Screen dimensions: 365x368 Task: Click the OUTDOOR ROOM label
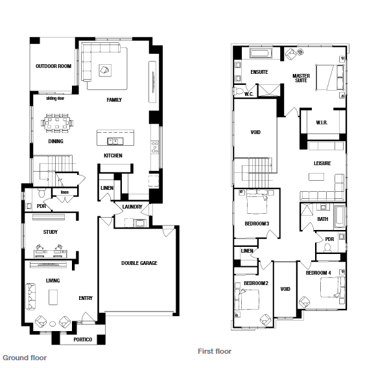pyautogui.click(x=53, y=66)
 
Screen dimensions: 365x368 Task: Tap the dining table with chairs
pyautogui.click(x=57, y=123)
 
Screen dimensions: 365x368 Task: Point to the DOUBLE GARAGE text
pyautogui.click(x=139, y=263)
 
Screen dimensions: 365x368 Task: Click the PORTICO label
pyautogui.click(x=83, y=339)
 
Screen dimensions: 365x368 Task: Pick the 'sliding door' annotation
pyautogui.click(x=55, y=98)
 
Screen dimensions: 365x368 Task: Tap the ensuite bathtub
pyautogui.click(x=261, y=53)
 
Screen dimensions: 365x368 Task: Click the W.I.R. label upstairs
pyautogui.click(x=322, y=122)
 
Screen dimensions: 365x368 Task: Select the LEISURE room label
pyautogui.click(x=322, y=163)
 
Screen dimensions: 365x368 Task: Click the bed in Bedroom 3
pyautogui.click(x=257, y=201)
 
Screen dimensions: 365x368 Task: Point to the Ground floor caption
pyautogui.click(x=25, y=358)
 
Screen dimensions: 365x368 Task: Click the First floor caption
pyautogui.click(x=215, y=351)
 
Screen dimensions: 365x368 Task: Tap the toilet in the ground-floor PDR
pyautogui.click(x=41, y=193)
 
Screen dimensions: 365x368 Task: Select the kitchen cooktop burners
pyautogui.click(x=155, y=147)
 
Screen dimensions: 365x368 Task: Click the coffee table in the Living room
pyautogui.click(x=53, y=297)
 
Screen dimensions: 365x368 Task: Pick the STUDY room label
pyautogui.click(x=51, y=232)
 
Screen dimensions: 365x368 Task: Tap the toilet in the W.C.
pyautogui.click(x=239, y=91)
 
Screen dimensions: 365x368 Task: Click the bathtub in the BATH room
pyautogui.click(x=339, y=216)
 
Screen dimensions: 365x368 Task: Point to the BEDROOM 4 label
pyautogui.click(x=318, y=273)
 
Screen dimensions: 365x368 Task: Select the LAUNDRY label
pyautogui.click(x=132, y=207)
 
